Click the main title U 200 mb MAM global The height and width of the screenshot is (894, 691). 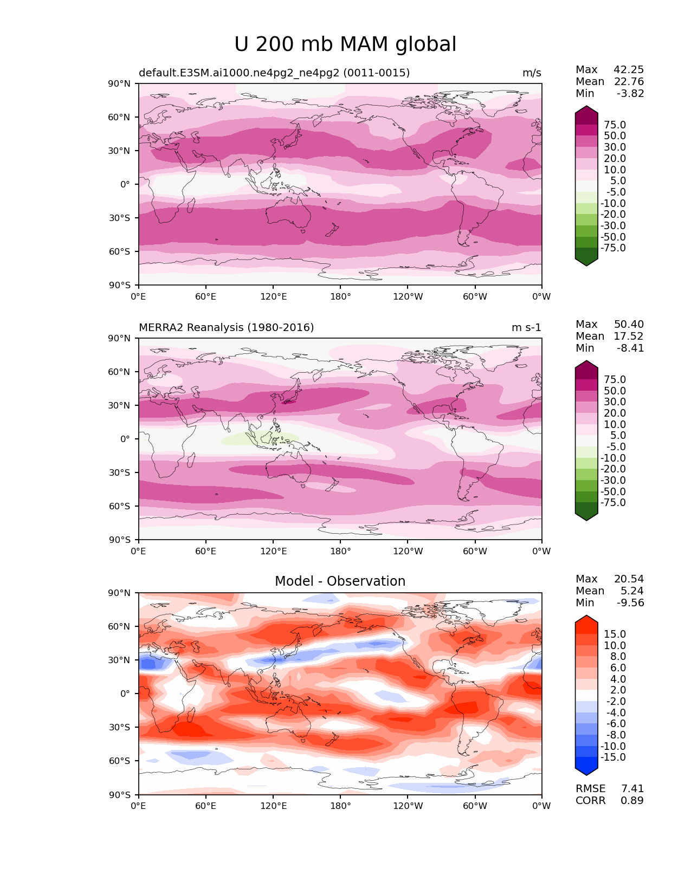345,44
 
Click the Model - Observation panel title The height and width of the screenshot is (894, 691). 340,581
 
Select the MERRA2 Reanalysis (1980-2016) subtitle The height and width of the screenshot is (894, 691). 226,328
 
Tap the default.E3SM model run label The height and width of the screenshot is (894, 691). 274,73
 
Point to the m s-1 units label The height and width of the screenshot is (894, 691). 526,328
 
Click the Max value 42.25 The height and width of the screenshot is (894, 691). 629,70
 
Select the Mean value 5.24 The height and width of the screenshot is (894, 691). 632,591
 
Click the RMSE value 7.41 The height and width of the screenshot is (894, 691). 632,789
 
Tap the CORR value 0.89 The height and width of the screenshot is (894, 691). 632,801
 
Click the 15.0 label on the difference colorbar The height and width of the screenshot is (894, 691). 615,634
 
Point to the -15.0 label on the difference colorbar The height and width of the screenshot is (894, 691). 613,757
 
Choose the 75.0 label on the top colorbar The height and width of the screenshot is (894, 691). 615,125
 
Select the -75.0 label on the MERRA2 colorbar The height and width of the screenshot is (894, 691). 613,503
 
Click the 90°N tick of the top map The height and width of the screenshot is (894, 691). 120,84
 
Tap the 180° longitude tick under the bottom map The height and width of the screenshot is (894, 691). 340,806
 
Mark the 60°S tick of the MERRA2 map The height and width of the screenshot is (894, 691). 120,507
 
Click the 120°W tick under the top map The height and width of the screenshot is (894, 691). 408,297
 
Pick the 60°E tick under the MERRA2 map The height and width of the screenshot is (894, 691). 206,552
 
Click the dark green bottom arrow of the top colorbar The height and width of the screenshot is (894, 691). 586,261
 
